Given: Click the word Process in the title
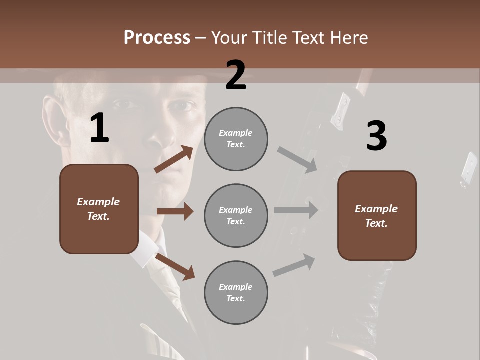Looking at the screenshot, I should coord(157,38).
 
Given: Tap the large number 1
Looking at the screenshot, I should coord(99,129).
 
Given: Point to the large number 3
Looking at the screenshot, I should coord(376,136).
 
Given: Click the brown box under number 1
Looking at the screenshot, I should coord(99,209).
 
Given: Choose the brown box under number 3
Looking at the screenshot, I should coord(377,216).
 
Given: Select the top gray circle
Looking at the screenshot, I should coord(236,139).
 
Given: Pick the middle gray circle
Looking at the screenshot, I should coord(236,215).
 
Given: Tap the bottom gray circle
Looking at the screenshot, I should coord(236,292).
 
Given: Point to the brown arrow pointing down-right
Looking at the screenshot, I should coord(175,266).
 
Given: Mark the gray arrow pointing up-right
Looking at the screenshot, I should coord(294,265).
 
